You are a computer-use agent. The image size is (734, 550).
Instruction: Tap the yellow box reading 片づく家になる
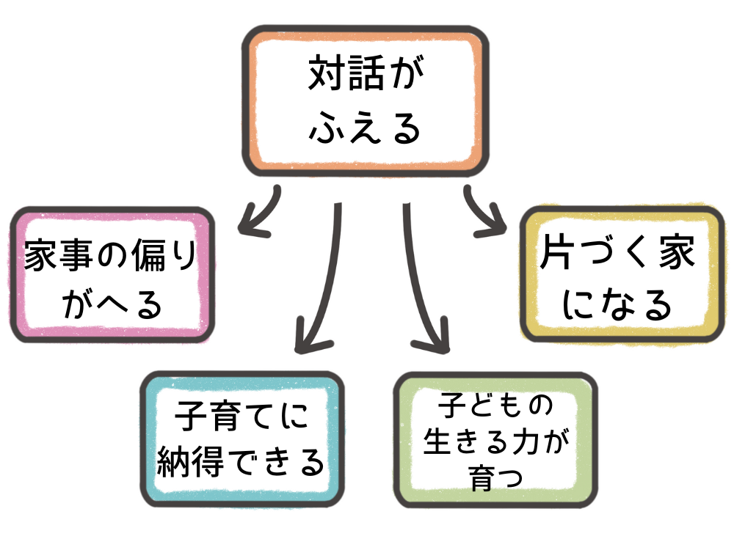[621, 276]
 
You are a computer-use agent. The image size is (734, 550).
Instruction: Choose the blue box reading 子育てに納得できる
[241, 439]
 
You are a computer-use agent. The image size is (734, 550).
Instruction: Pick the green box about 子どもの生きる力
[495, 440]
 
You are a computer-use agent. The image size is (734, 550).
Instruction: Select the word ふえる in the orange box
[365, 128]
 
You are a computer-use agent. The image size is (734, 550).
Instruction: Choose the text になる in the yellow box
[621, 304]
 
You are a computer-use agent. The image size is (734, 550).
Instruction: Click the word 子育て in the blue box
[214, 419]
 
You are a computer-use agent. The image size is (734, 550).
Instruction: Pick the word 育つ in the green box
[495, 480]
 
